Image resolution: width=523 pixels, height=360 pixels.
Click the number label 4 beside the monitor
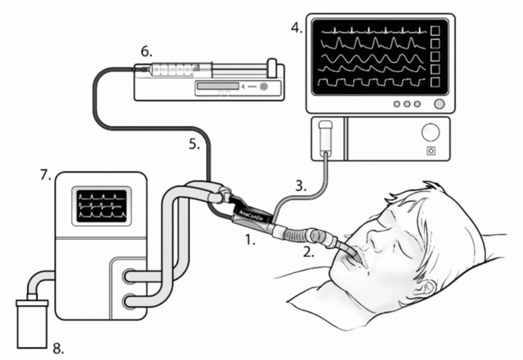pyautogui.click(x=296, y=28)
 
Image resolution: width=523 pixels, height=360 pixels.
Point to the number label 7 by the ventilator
pyautogui.click(x=45, y=175)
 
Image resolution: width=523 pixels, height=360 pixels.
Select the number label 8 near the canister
pyautogui.click(x=58, y=349)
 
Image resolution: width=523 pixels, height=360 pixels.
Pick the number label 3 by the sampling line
pyautogui.click(x=301, y=186)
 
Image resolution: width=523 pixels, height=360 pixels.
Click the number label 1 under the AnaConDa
pyautogui.click(x=250, y=239)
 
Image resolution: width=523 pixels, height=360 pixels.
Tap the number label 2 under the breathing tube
pyautogui.click(x=308, y=252)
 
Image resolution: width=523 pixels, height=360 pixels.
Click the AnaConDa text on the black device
pyautogui.click(x=251, y=215)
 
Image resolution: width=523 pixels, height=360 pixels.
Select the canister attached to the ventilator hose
pyautogui.click(x=32, y=323)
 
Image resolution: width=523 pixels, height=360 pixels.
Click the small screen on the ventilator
pyautogui.click(x=102, y=206)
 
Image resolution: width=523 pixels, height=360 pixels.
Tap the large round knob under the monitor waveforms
pyautogui.click(x=439, y=104)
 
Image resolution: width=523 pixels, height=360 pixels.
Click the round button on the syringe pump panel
pyautogui.click(x=264, y=87)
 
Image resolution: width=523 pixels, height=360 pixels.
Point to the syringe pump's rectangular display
pyautogui.click(x=218, y=86)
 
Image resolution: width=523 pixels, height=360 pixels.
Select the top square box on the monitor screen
pyautogui.click(x=435, y=31)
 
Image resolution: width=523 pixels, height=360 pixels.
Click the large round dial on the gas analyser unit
pyautogui.click(x=430, y=132)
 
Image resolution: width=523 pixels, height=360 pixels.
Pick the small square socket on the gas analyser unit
pyautogui.click(x=431, y=151)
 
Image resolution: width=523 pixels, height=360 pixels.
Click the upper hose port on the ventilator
pyautogui.click(x=129, y=276)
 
